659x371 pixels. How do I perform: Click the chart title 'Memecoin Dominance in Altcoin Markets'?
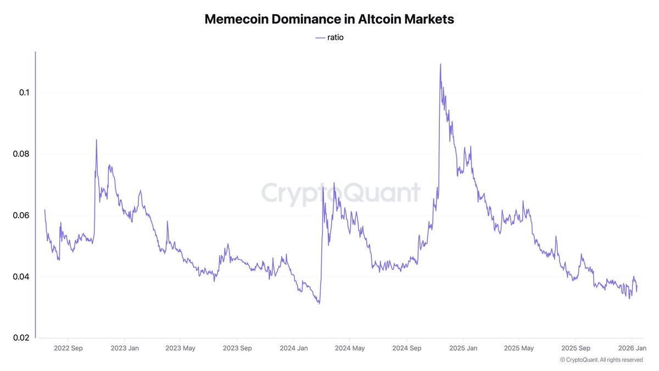[x=329, y=19]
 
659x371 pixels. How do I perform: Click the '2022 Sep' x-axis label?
[x=69, y=348]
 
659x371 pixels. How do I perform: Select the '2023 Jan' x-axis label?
[x=125, y=348]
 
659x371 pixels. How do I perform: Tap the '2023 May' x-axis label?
[x=181, y=348]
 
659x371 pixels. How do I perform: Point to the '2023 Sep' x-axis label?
[x=238, y=348]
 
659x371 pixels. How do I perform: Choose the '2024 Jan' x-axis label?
[x=294, y=348]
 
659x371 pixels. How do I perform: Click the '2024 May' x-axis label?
[x=350, y=348]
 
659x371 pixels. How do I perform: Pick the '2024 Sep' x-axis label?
[x=407, y=348]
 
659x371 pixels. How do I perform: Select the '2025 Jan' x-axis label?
[x=463, y=348]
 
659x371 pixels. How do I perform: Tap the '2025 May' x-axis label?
[x=519, y=348]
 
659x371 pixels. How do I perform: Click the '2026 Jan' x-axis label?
[x=632, y=348]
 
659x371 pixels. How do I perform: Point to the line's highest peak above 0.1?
[x=440, y=64]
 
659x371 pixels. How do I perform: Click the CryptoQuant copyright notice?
[x=601, y=359]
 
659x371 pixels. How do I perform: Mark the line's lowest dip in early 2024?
[x=319, y=303]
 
